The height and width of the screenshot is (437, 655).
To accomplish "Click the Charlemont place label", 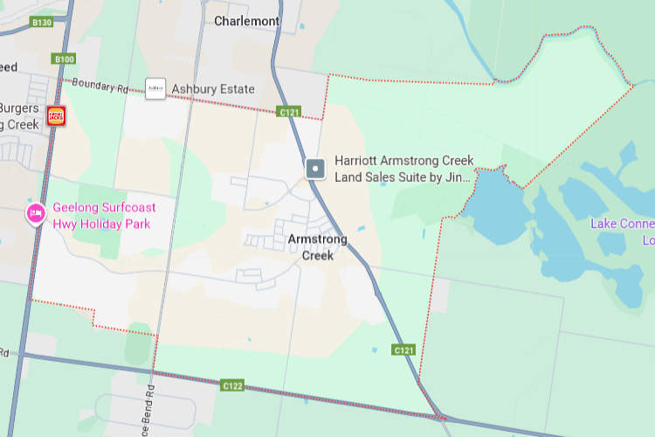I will pyautogui.click(x=247, y=21).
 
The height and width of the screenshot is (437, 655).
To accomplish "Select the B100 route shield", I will pyautogui.click(x=64, y=59).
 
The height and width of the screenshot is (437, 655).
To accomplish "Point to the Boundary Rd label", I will pyautogui.click(x=100, y=87).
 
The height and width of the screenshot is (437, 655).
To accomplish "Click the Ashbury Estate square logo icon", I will pyautogui.click(x=155, y=88).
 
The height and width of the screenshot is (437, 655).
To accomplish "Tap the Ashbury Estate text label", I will pyautogui.click(x=213, y=89).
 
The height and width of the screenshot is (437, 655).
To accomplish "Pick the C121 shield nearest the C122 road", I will pyautogui.click(x=403, y=350).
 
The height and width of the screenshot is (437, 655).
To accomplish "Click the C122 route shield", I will pyautogui.click(x=231, y=385).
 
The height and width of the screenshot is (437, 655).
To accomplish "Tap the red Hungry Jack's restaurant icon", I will pyautogui.click(x=57, y=115).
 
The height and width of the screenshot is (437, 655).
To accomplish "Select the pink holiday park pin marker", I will pyautogui.click(x=36, y=212).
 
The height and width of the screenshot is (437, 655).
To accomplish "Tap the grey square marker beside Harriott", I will pyautogui.click(x=316, y=168).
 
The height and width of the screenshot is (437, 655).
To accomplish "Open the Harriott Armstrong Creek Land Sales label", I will pyautogui.click(x=403, y=169).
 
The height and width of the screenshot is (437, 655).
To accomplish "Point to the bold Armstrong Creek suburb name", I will pyautogui.click(x=317, y=247).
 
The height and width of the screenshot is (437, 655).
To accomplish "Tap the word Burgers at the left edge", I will pyautogui.click(x=19, y=108).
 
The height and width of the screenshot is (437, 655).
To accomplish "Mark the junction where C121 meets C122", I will pyautogui.click(x=435, y=413).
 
